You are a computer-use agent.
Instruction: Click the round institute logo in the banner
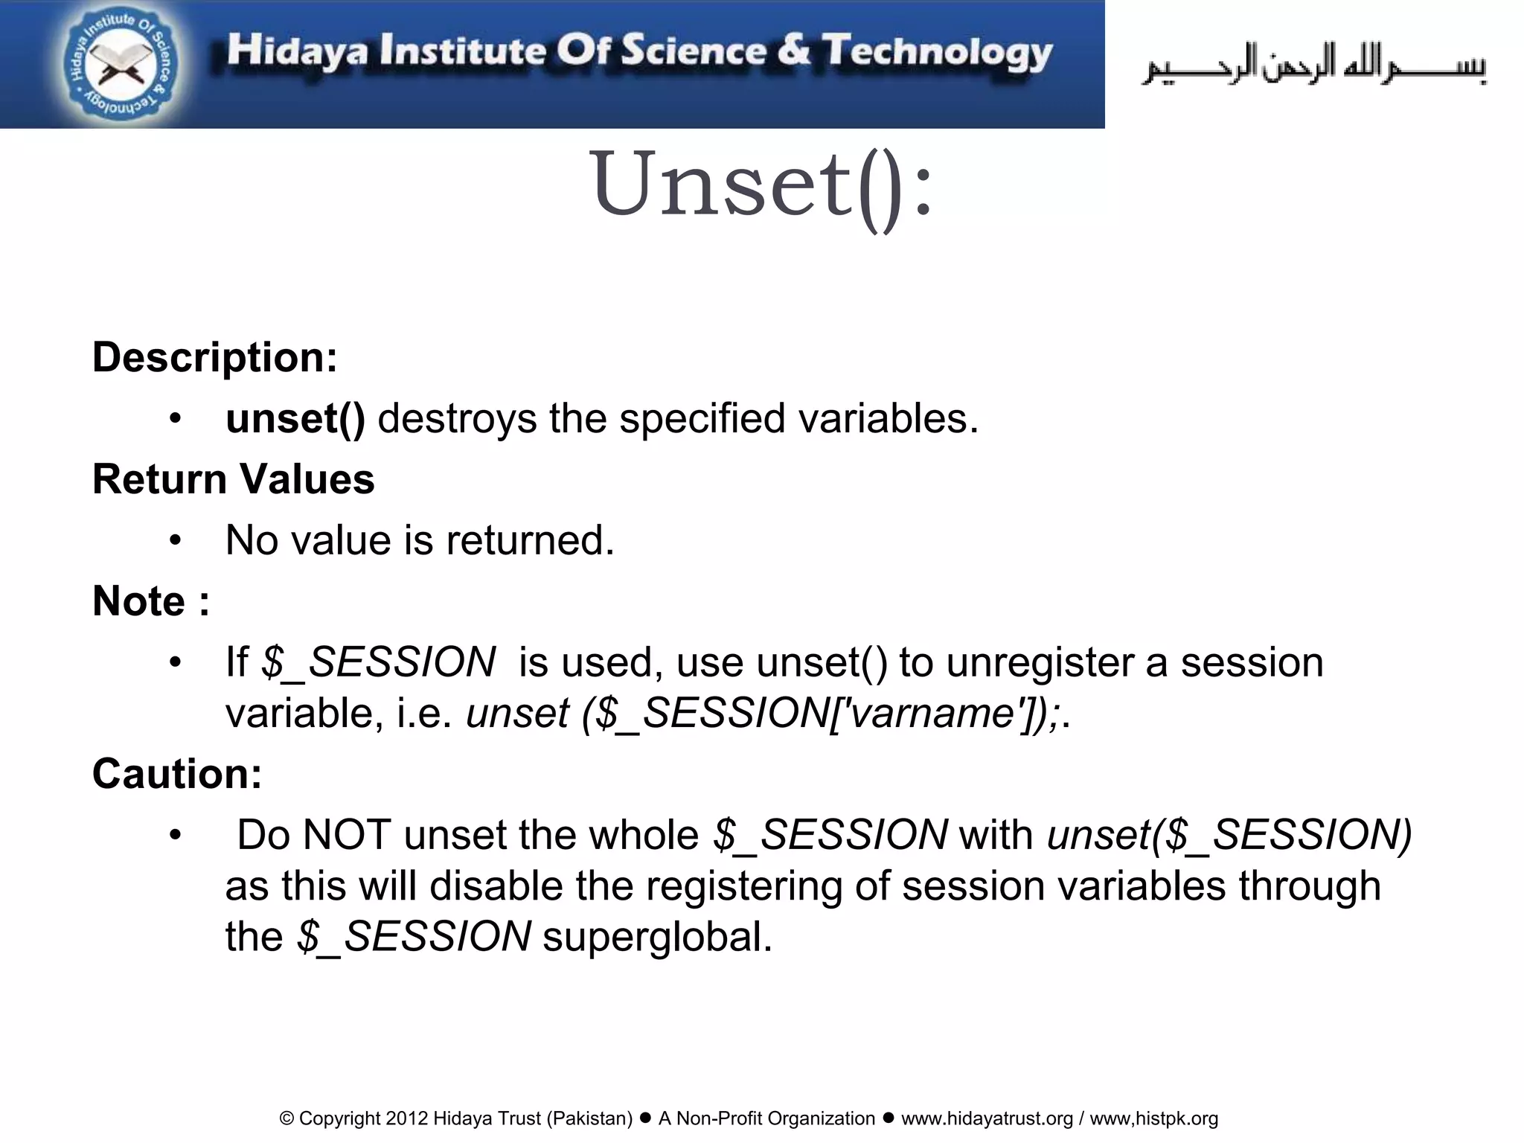click(x=120, y=65)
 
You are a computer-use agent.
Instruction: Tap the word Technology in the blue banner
click(x=937, y=52)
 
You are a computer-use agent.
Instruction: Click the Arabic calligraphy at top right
click(x=1314, y=65)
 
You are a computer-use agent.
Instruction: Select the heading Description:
click(x=214, y=357)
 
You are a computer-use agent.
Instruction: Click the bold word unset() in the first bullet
click(x=295, y=418)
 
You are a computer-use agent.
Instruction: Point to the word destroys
click(x=457, y=418)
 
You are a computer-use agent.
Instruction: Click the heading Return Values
click(x=233, y=478)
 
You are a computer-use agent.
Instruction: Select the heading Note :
click(x=151, y=601)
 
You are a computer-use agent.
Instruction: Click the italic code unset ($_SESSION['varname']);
click(x=763, y=713)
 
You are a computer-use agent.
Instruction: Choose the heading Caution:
click(x=177, y=773)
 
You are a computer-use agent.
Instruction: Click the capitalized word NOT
click(x=347, y=835)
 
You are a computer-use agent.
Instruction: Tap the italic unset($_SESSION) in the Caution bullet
click(x=1229, y=835)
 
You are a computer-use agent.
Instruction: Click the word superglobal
click(x=658, y=936)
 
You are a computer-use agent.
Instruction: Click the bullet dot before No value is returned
click(x=175, y=541)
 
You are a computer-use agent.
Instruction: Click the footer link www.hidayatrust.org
click(x=987, y=1118)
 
